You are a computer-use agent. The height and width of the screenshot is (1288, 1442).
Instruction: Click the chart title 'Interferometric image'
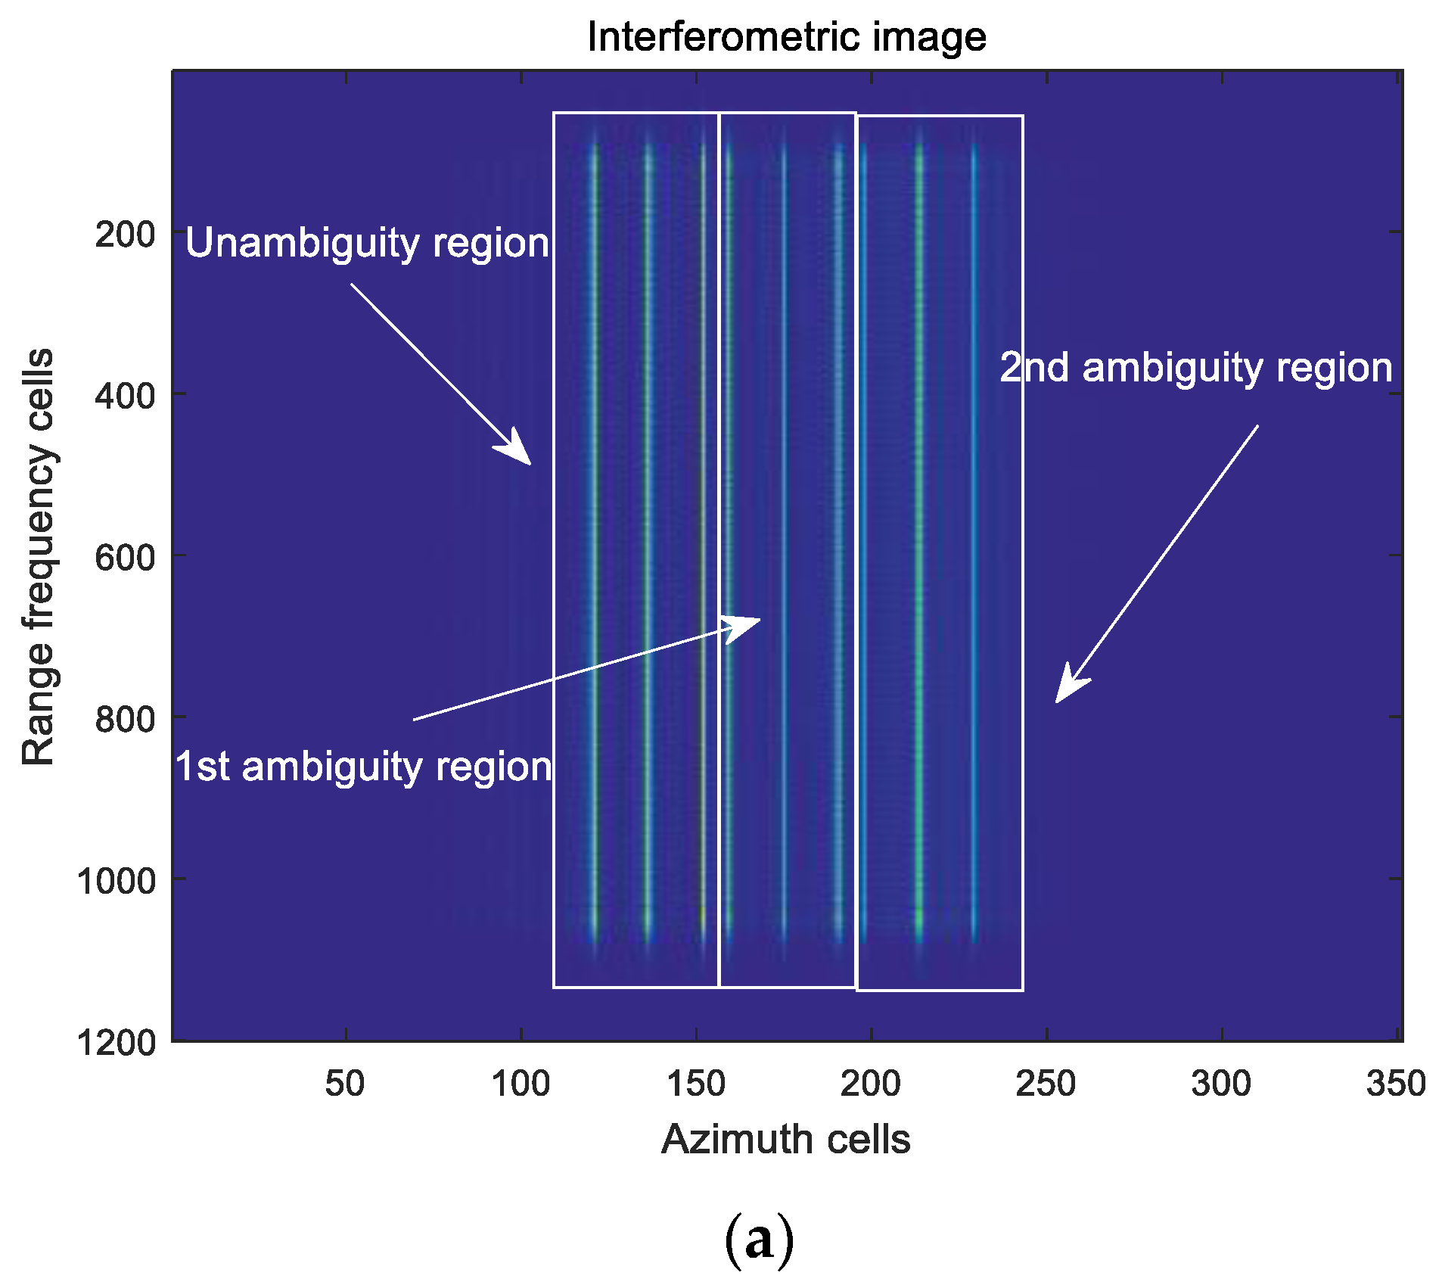[x=786, y=36]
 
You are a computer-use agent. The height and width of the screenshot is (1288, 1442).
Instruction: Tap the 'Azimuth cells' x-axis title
[x=785, y=1139]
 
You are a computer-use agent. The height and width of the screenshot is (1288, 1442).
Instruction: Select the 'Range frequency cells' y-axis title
[x=38, y=557]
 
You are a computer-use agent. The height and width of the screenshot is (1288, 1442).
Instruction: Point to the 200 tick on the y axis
[x=125, y=234]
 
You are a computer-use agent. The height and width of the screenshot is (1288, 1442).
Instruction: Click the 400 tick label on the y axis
[x=125, y=395]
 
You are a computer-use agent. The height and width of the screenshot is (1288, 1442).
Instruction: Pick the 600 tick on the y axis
[x=125, y=557]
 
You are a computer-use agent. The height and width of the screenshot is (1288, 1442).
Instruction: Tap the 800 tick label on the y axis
[x=125, y=718]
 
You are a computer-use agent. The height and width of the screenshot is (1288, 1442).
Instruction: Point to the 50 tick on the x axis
[x=345, y=1084]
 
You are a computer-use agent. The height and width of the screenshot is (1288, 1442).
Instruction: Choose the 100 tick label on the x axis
[x=521, y=1084]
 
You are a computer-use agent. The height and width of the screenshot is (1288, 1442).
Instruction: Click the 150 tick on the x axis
[x=696, y=1084]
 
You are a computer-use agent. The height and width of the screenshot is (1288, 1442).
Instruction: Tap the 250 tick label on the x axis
[x=1046, y=1084]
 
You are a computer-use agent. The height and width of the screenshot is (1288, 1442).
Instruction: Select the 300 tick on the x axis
[x=1221, y=1084]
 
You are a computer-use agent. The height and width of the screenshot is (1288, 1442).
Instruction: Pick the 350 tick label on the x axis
[x=1396, y=1084]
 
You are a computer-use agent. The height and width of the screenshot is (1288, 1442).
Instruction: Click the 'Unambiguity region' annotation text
[x=367, y=244]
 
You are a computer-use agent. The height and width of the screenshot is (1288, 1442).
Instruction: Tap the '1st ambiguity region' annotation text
[x=364, y=767]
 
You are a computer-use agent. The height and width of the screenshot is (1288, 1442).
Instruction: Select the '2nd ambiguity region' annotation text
[x=1196, y=368]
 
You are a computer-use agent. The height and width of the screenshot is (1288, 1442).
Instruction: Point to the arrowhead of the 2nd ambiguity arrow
[x=1059, y=698]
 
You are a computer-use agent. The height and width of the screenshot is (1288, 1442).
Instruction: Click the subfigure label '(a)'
[x=759, y=1240]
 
